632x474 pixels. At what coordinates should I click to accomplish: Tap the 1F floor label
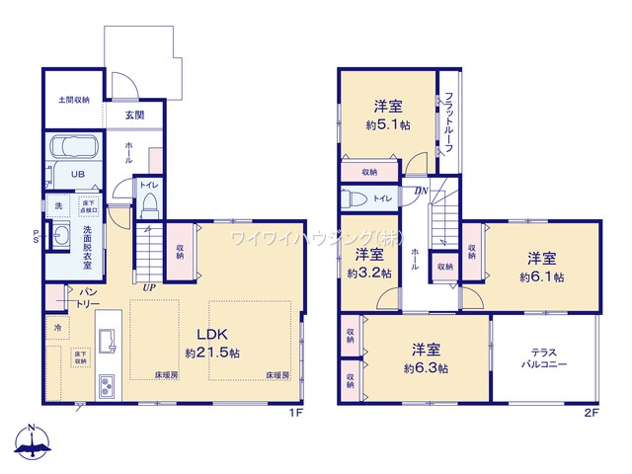294,412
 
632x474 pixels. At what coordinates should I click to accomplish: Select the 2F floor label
590,412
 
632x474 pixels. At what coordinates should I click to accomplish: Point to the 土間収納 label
73,100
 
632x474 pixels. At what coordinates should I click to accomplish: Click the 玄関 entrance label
134,116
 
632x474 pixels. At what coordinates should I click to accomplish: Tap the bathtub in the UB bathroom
73,150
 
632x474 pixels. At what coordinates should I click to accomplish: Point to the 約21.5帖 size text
212,353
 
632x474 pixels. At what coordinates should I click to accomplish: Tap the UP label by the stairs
149,286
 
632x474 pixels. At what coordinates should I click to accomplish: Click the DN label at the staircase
421,192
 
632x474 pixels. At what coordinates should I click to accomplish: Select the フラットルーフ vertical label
448,120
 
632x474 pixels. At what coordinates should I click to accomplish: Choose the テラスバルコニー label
545,357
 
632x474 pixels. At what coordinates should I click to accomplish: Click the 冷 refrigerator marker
58,327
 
